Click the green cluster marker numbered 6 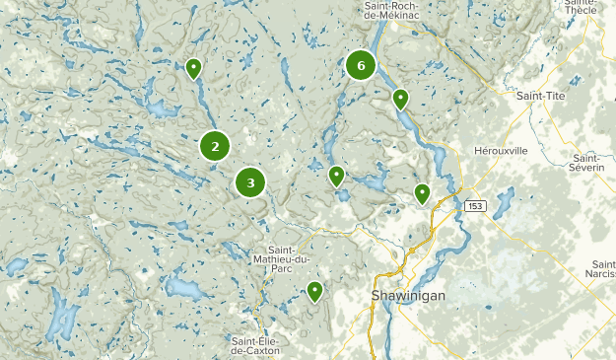pyautogui.click(x=361, y=66)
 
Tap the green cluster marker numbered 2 pyautogui.click(x=215, y=146)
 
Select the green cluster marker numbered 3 pyautogui.click(x=250, y=182)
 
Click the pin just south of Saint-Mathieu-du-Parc pyautogui.click(x=314, y=291)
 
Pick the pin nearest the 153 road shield pyautogui.click(x=422, y=193)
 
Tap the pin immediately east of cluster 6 pyautogui.click(x=400, y=99)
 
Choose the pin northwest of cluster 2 pyautogui.click(x=193, y=69)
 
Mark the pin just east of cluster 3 pyautogui.click(x=336, y=177)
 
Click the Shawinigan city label pyautogui.click(x=409, y=296)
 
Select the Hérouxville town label pyautogui.click(x=502, y=150)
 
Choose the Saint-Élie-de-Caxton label pyautogui.click(x=256, y=345)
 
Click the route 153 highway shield pyautogui.click(x=476, y=205)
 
